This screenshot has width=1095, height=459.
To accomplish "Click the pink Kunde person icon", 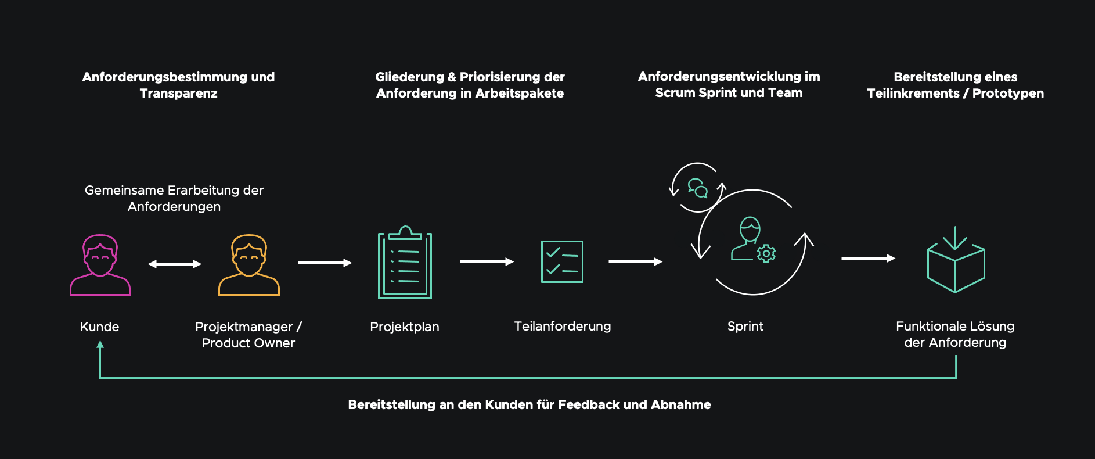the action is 100,266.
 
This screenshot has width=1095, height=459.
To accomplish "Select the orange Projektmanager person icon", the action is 249,266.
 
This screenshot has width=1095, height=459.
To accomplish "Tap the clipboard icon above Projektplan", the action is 405,263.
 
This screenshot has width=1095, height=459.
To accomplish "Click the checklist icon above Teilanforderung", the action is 562,261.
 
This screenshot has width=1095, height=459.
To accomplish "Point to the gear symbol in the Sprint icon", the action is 766,253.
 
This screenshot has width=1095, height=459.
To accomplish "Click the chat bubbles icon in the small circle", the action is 698,188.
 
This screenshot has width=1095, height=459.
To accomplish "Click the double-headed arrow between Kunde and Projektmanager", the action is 175,264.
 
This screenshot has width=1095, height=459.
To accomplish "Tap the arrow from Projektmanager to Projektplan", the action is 325,263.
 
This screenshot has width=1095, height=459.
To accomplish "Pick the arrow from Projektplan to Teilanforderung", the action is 487,261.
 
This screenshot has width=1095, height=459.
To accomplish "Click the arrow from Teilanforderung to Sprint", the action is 636,261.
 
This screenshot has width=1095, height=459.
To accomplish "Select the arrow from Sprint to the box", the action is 869,258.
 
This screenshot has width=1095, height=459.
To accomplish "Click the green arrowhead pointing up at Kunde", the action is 100,345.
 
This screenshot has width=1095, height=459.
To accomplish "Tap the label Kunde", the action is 100,327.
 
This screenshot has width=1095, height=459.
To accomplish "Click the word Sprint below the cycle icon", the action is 745,327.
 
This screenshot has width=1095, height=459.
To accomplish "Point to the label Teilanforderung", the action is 563,327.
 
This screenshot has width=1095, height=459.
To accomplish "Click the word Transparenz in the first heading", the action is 179,94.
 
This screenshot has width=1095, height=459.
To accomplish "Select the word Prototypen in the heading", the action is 1008,94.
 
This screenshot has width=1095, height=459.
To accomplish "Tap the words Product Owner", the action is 248,343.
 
